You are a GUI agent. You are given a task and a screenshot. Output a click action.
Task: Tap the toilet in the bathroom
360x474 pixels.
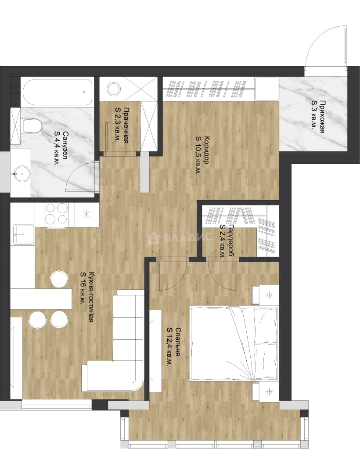click(31, 126)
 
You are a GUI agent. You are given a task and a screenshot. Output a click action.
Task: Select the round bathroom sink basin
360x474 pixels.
click(21, 173)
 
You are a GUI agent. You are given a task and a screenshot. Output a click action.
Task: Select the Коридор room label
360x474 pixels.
click(202, 155)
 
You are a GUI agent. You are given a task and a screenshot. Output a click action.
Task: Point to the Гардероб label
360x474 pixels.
click(227, 241)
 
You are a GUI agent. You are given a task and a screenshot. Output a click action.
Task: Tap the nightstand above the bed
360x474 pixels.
click(266, 294)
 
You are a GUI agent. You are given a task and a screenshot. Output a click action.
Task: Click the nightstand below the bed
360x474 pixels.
click(266, 391)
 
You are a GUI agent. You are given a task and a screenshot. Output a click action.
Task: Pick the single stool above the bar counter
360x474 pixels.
click(59, 279)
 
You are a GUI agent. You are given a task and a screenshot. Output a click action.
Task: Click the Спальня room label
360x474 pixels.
click(174, 347)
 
